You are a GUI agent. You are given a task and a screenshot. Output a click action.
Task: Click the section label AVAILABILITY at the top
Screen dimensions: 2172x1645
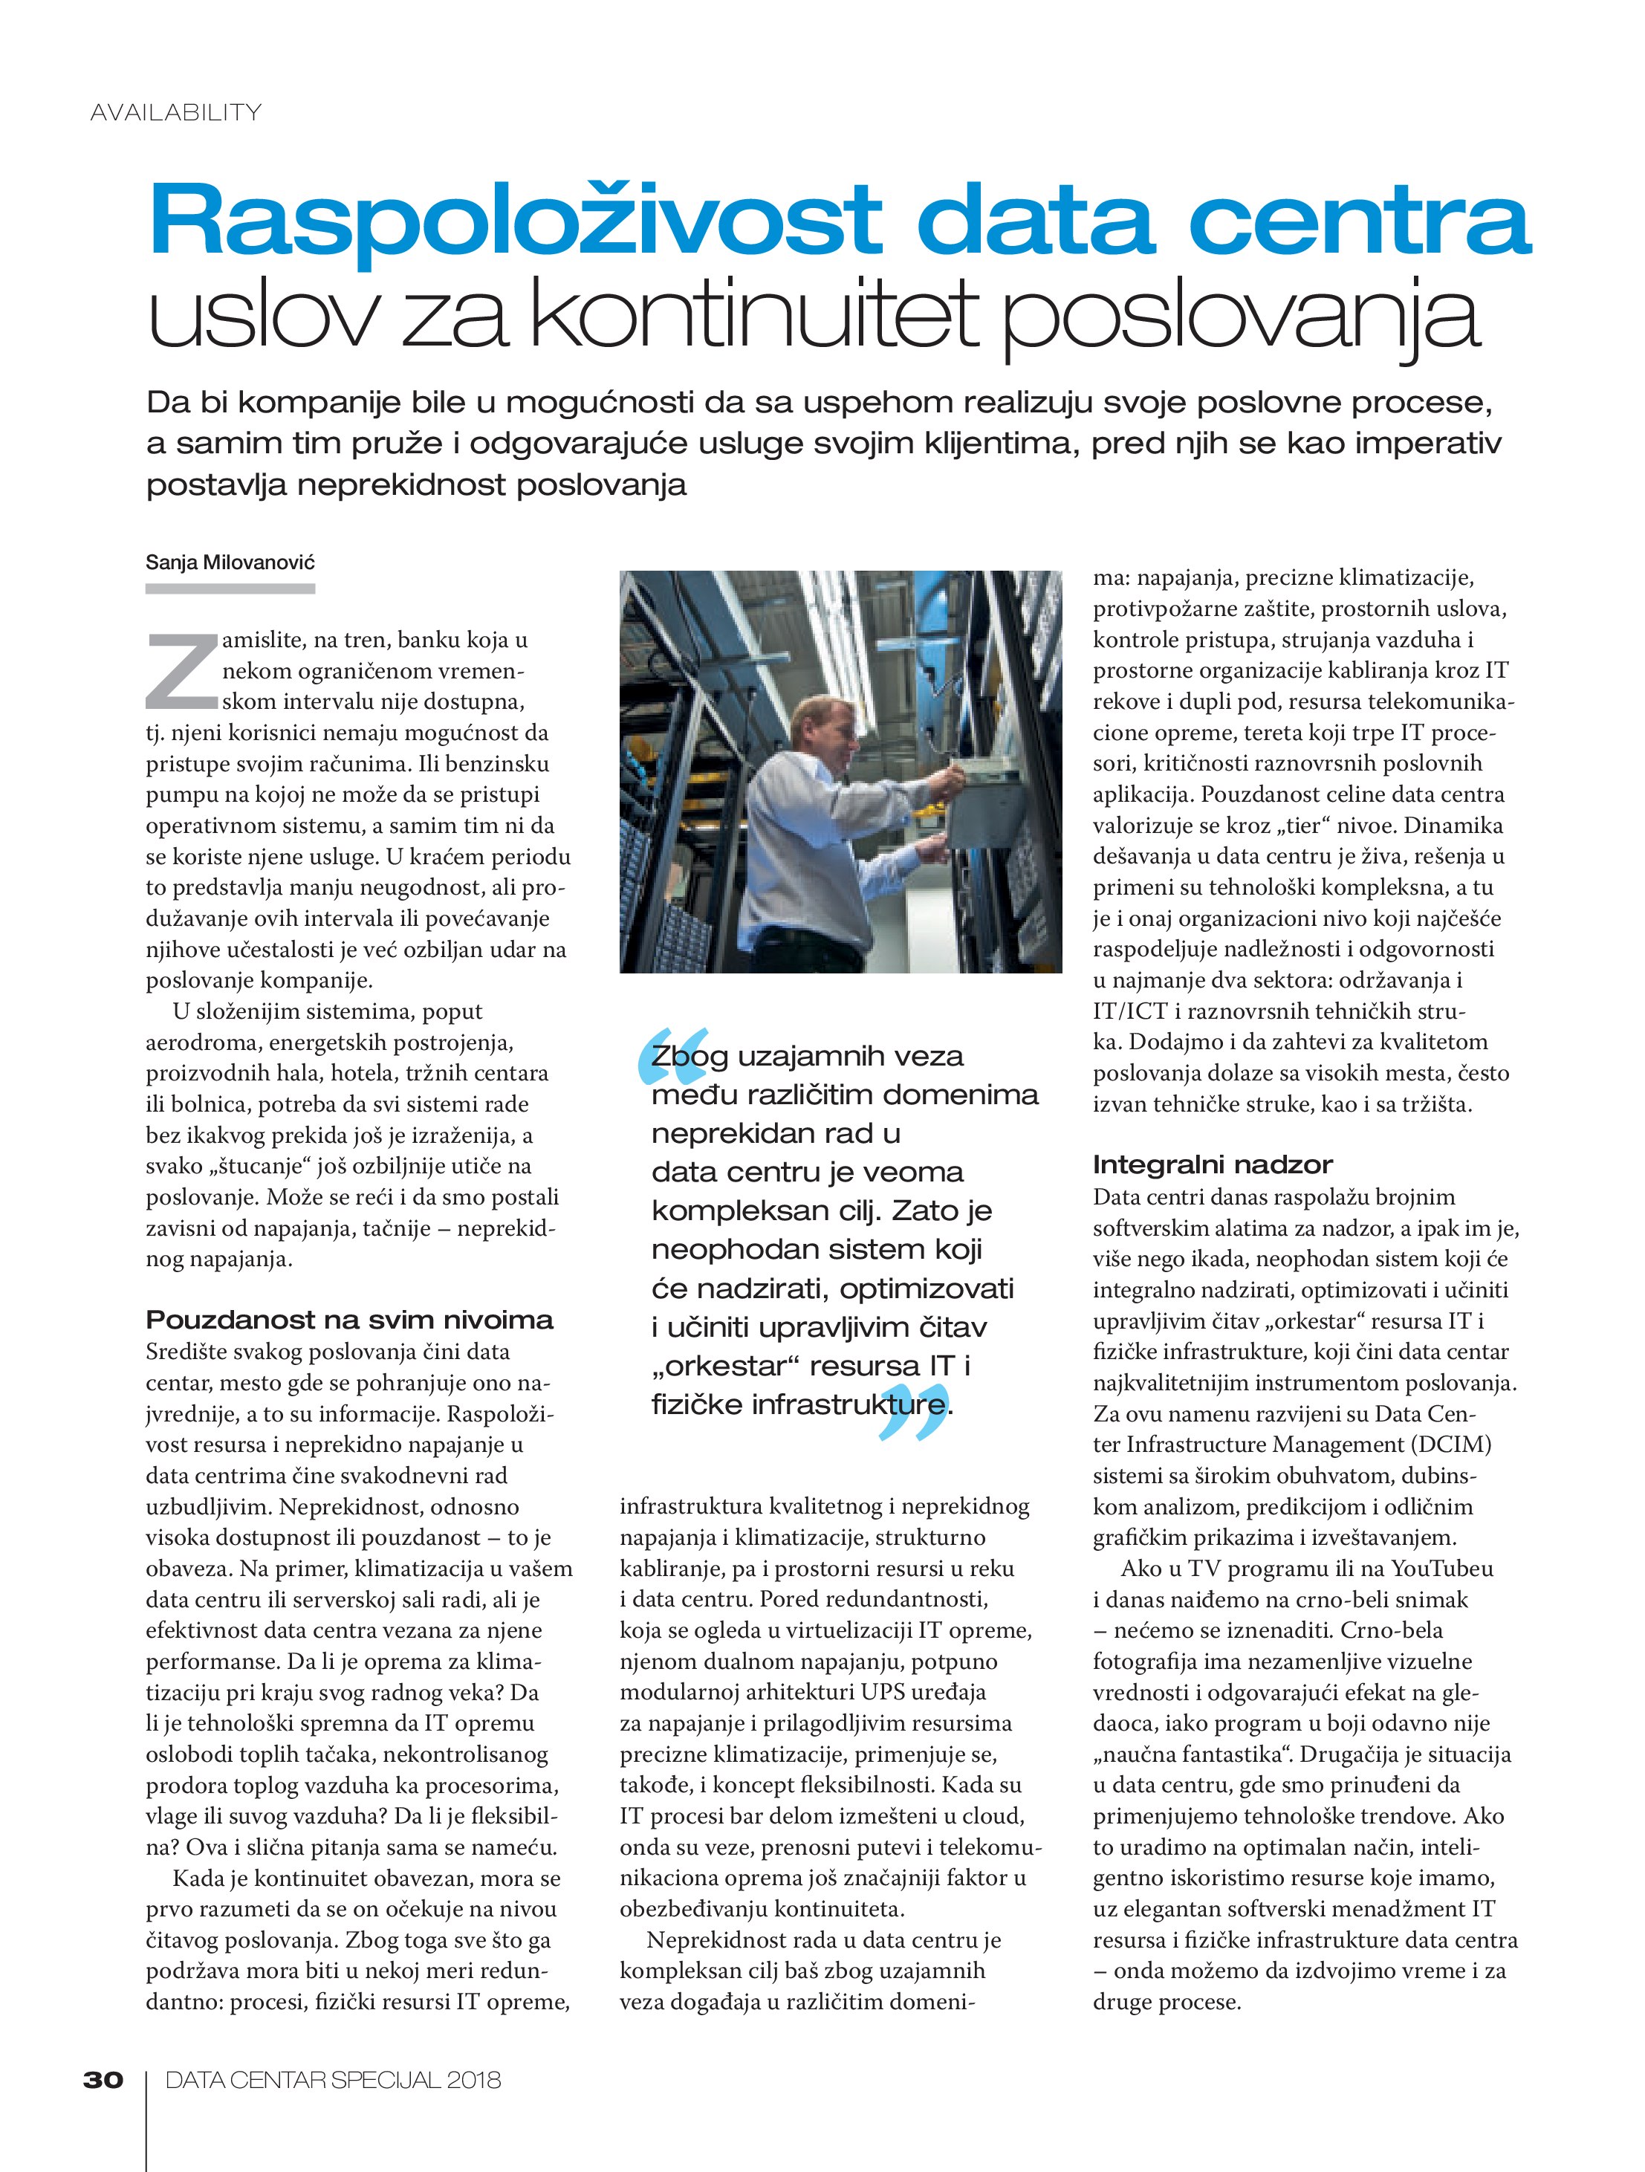coord(176,113)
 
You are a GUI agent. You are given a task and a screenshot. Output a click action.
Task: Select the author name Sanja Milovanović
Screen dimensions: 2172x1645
coord(230,563)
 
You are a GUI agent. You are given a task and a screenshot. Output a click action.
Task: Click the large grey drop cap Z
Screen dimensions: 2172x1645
coord(182,671)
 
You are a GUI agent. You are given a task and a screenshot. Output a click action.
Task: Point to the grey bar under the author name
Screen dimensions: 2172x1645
coord(230,589)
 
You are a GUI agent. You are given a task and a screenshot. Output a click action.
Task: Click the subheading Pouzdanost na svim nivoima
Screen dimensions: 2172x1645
coord(348,1320)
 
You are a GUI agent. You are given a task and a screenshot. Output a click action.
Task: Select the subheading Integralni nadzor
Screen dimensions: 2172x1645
coord(1212,1164)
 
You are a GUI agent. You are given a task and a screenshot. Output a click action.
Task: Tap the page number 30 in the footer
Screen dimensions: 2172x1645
coord(103,2078)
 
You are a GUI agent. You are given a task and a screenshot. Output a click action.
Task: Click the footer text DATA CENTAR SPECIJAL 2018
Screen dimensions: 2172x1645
coord(333,2078)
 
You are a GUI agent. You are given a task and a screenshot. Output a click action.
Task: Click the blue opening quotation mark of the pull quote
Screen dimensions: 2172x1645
coord(671,1051)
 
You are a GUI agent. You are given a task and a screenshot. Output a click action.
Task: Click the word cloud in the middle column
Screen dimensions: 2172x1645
coord(994,1815)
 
